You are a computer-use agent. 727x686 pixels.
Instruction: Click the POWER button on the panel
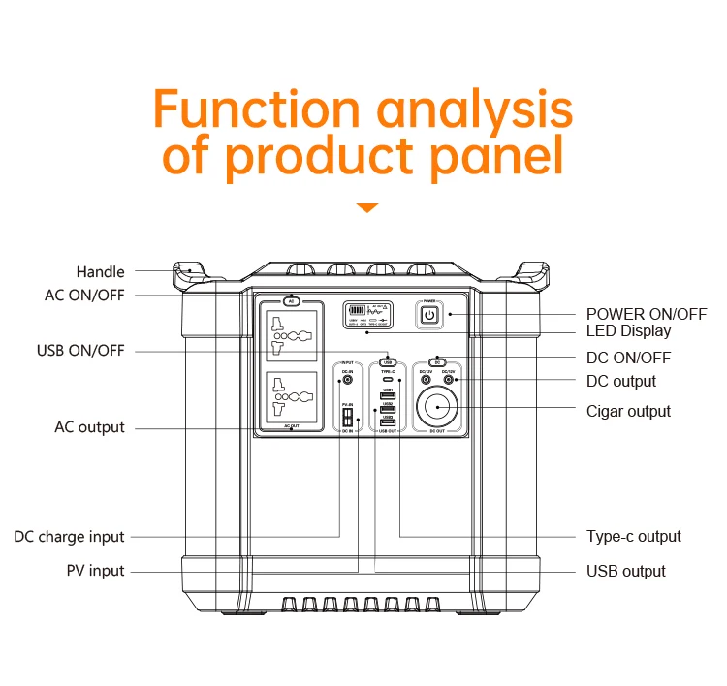[x=429, y=314]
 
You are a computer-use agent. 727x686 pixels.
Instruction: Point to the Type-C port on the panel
[x=388, y=380]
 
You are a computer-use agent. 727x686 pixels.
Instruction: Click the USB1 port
[x=388, y=396]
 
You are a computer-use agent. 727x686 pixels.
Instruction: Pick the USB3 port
[x=388, y=423]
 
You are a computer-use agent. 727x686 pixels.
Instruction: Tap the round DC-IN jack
[x=347, y=381]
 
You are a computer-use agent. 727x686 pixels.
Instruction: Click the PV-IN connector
[x=346, y=418]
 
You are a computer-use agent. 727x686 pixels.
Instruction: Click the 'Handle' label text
[x=101, y=272]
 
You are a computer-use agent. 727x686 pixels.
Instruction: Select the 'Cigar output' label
[x=628, y=412]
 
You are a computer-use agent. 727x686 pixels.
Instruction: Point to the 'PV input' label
[x=94, y=572]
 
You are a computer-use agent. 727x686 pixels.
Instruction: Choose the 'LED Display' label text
[x=628, y=331]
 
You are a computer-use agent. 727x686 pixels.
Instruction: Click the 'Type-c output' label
[x=634, y=537]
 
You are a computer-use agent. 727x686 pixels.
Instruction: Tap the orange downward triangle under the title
[x=366, y=207]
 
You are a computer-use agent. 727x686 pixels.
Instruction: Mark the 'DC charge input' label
[x=69, y=537]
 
